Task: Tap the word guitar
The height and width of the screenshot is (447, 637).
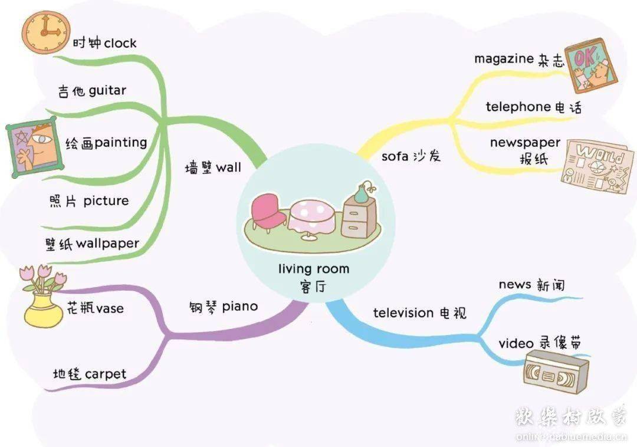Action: click(x=107, y=91)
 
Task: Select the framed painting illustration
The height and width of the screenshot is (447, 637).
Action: click(x=31, y=146)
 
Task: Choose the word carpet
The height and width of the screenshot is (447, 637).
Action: click(x=106, y=374)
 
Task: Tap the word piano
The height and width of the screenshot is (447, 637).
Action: click(x=240, y=307)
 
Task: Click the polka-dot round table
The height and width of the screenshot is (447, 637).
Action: click(x=310, y=217)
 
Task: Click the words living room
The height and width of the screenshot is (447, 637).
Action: click(x=314, y=269)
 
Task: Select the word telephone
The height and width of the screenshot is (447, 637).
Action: click(x=518, y=107)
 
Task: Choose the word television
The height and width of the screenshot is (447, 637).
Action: click(x=403, y=313)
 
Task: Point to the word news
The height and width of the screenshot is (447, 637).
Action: click(x=515, y=284)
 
